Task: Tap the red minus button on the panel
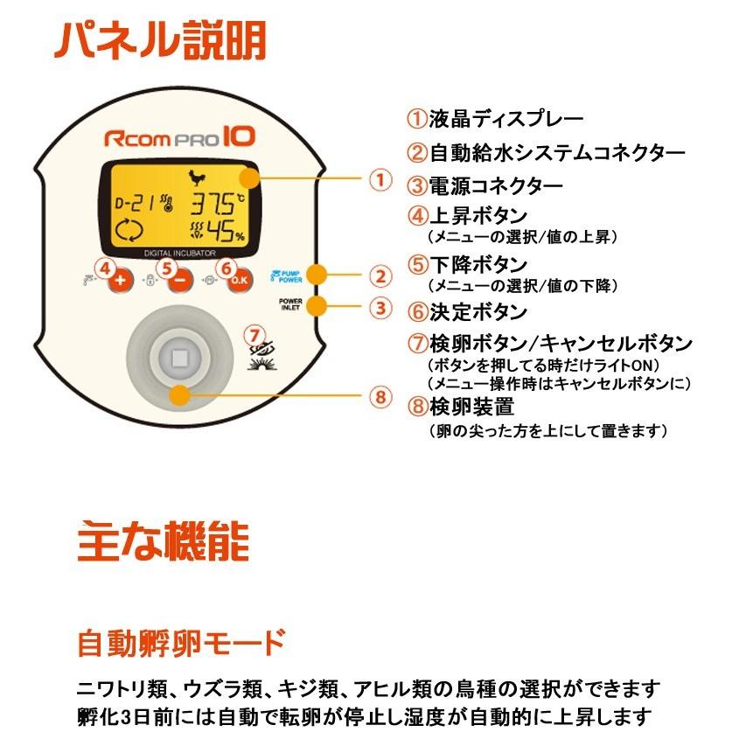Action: coord(179,281)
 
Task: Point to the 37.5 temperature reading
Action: coord(218,206)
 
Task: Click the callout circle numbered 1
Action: coord(379,179)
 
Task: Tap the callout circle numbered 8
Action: coord(379,397)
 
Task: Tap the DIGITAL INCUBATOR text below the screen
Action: coord(179,253)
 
